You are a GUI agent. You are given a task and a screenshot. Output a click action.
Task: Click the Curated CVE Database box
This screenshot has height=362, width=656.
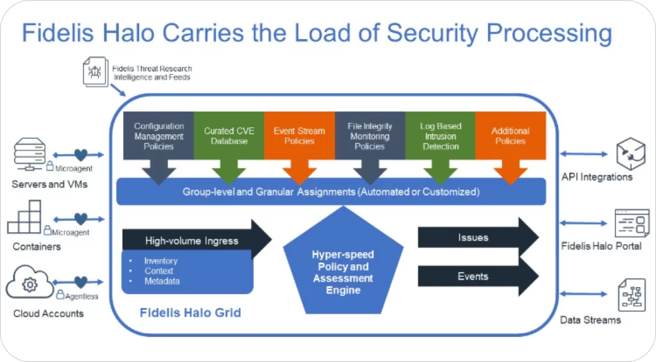coord(229,136)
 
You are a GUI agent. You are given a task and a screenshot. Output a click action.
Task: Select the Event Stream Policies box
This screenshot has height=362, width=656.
coord(299,136)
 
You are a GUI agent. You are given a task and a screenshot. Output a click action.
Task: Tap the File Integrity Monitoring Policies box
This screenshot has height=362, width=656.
coord(370,136)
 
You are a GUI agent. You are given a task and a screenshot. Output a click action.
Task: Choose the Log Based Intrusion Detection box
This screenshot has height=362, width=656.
coord(440,136)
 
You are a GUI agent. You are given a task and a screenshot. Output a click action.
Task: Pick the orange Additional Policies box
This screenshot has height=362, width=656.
coord(510,136)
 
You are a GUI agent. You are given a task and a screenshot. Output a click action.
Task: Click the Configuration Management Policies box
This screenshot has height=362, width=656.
coord(159,136)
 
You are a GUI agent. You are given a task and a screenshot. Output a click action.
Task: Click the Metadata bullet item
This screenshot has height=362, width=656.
coord(161,281)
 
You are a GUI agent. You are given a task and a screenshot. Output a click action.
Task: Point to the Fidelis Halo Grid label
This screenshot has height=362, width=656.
coord(190,313)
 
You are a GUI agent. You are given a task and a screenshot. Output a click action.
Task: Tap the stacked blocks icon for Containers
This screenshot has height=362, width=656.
coord(26,219)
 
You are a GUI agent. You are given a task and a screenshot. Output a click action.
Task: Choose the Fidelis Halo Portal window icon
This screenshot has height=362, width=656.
coord(631,223)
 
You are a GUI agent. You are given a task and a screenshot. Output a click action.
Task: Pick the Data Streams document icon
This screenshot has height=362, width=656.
coord(631,294)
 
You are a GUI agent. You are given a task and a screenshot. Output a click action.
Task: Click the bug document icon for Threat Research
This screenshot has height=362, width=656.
coord(95,72)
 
